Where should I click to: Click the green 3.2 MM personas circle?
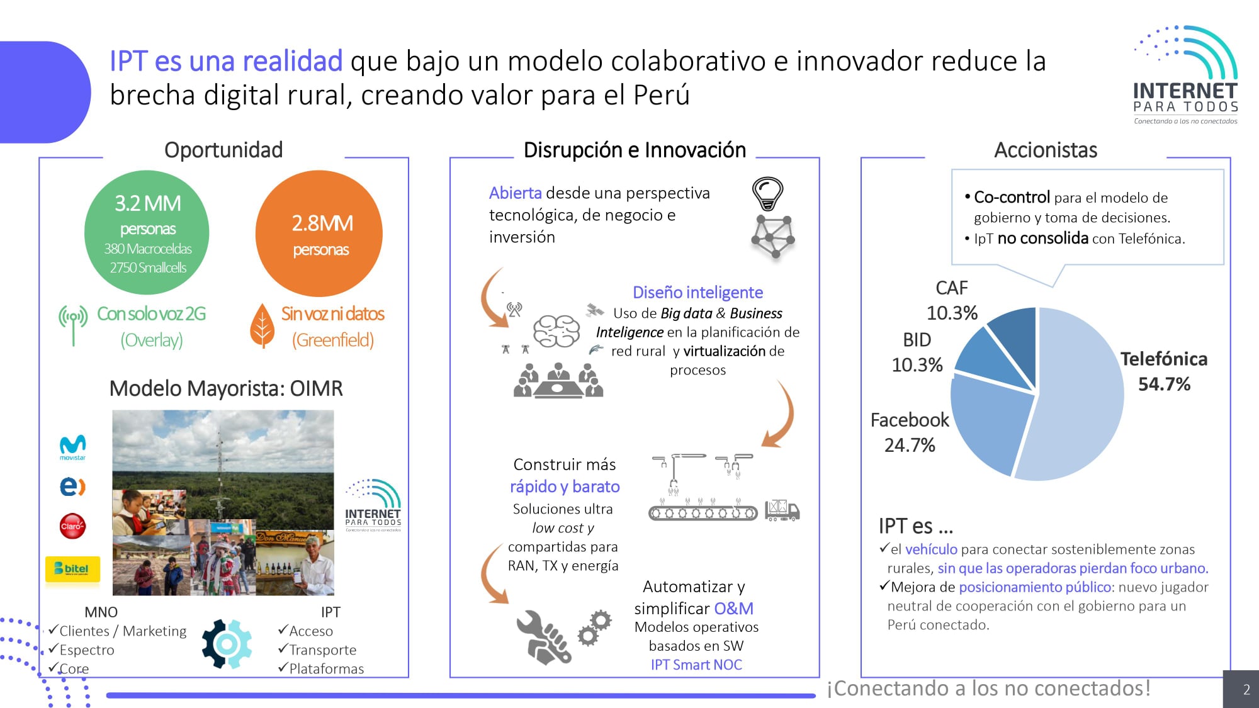[147, 232]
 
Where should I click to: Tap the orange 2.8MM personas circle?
[319, 233]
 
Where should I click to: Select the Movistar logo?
[72, 447]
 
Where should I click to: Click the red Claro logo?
[72, 526]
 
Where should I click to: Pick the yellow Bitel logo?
[72, 569]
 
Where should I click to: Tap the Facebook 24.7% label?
[910, 432]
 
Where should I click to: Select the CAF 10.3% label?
[952, 300]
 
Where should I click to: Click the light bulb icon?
[767, 193]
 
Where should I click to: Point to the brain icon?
[556, 330]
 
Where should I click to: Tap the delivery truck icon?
[782, 510]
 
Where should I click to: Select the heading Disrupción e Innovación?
[635, 150]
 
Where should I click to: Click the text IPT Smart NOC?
[696, 665]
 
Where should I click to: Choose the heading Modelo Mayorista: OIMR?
[226, 388]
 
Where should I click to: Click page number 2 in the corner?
[1246, 690]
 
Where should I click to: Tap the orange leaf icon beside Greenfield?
[262, 326]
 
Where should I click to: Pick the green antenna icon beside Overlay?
[73, 325]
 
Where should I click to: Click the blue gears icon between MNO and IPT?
[227, 644]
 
